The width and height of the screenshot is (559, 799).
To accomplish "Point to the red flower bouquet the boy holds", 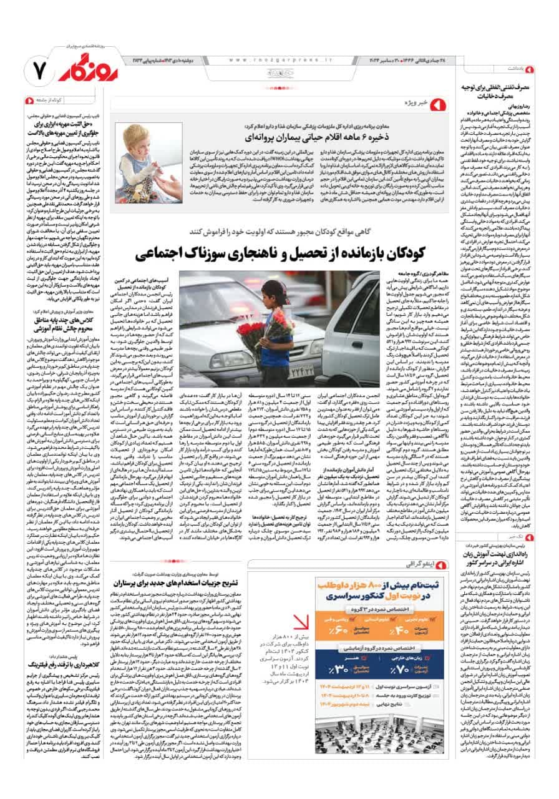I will pos(253,331).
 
